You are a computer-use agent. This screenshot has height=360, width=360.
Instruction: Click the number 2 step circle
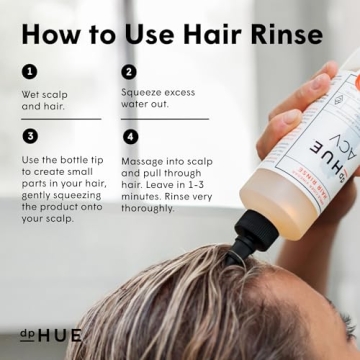coord(129,72)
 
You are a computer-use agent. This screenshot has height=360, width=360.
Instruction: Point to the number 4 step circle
coord(129,136)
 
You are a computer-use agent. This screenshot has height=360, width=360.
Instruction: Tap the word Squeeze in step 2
coord(142,91)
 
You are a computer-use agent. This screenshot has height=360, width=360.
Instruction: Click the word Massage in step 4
coord(143,160)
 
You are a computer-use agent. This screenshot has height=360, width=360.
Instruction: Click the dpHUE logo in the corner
coord(50,334)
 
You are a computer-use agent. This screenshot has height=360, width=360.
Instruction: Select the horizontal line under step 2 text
coord(164,119)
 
